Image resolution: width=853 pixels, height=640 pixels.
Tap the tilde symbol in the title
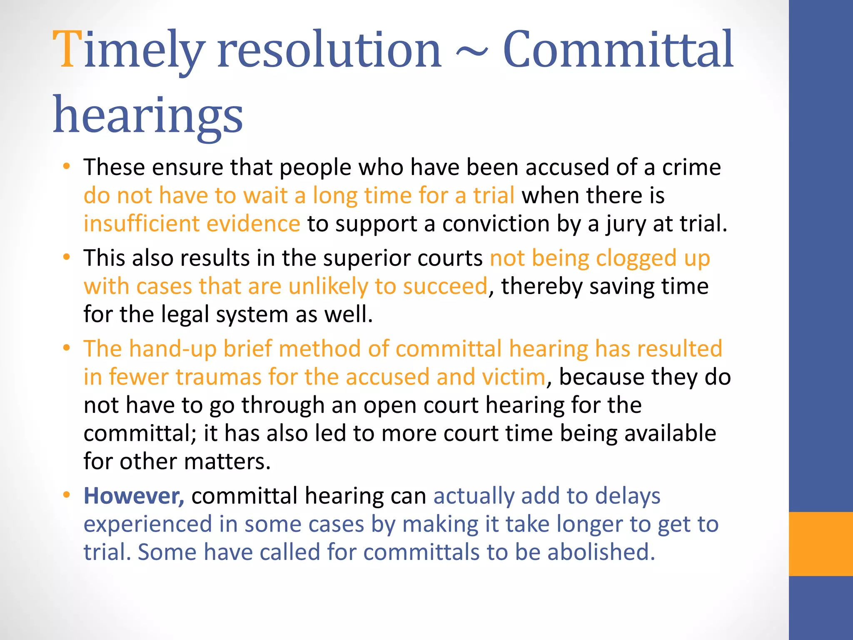(472, 53)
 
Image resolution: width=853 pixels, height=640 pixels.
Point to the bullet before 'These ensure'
(66, 167)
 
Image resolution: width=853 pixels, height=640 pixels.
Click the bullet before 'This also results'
(66, 257)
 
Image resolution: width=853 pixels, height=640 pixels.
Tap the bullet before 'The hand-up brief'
(66, 348)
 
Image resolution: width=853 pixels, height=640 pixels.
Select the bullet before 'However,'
(66, 495)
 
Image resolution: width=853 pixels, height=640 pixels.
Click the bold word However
(134, 496)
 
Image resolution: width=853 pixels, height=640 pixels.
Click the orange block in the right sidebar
(821, 544)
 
